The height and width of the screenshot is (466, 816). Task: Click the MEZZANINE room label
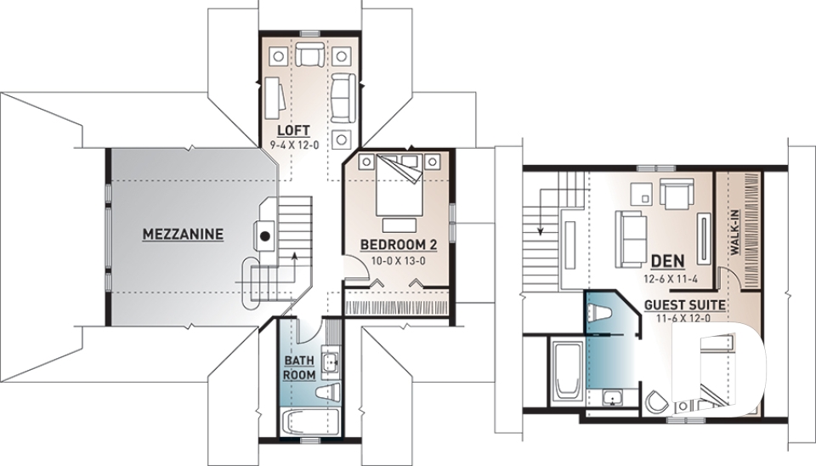[183, 235]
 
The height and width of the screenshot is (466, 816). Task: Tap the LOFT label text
[293, 130]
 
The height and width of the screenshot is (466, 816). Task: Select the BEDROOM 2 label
[399, 245]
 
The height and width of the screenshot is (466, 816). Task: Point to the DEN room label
[668, 260]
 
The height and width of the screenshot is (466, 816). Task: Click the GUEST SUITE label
[685, 305]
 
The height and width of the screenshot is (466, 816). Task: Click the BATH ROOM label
[299, 367]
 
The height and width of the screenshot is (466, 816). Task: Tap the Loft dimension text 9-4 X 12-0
[294, 145]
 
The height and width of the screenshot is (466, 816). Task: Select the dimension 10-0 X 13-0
[399, 260]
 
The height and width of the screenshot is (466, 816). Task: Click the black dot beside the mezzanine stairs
[265, 236]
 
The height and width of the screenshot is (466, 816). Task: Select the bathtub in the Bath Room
[309, 422]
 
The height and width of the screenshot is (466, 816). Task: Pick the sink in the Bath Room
[330, 361]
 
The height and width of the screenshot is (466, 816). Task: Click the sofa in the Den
[632, 231]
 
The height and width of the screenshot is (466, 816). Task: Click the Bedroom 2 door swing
[356, 269]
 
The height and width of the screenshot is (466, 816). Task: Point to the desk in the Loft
[275, 98]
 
